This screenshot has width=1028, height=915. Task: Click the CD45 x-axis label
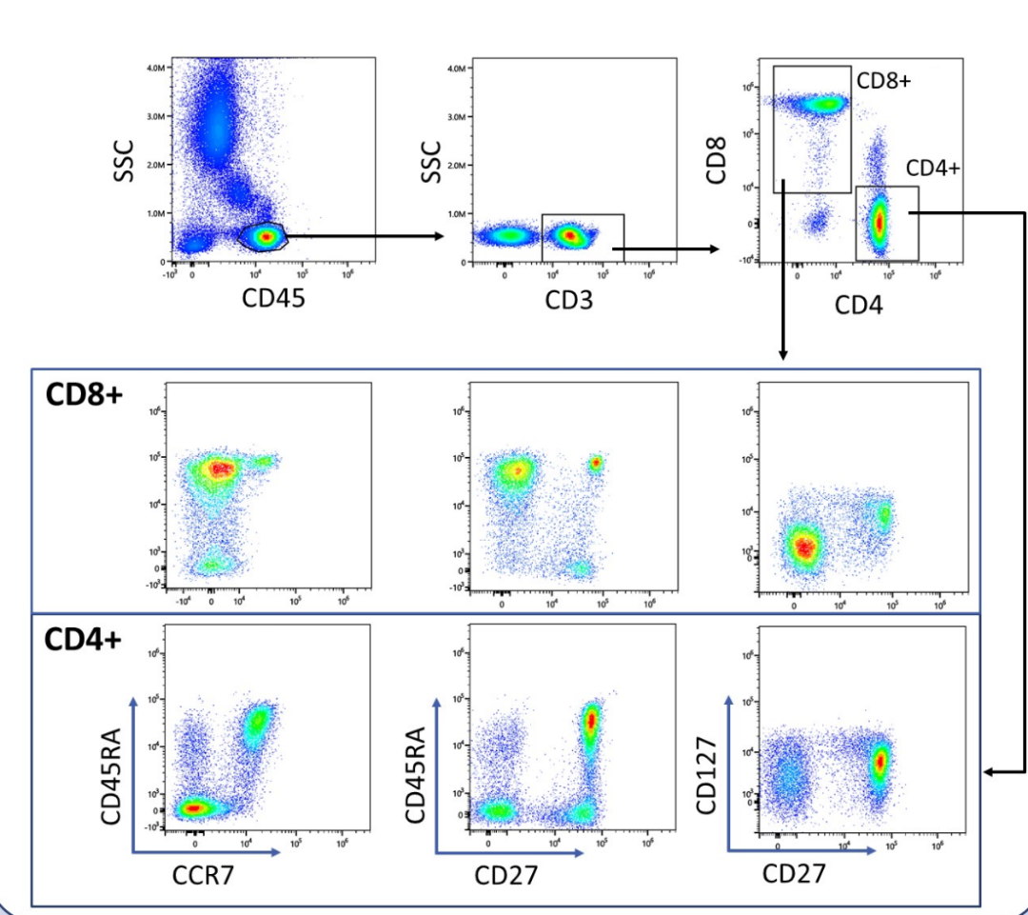(x=267, y=297)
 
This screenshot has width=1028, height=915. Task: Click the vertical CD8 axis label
(x=718, y=159)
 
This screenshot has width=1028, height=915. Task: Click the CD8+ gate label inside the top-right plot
(x=883, y=81)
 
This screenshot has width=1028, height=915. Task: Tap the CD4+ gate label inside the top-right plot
(x=933, y=169)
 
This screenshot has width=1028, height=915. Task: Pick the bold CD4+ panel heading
(x=84, y=640)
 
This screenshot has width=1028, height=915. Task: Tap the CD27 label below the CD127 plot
(x=795, y=873)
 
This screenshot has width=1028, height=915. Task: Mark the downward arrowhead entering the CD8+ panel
(x=782, y=354)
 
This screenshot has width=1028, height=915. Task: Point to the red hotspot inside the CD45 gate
(x=267, y=236)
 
